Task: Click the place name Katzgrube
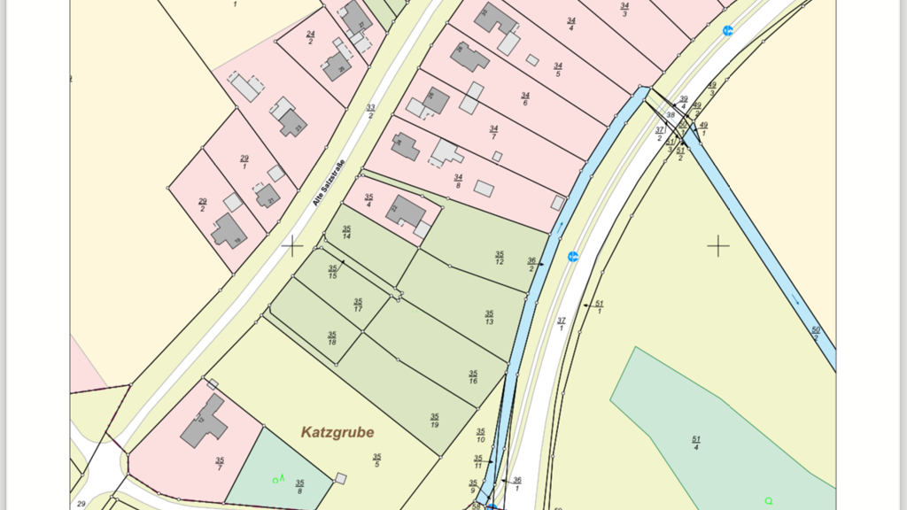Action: coord(337,432)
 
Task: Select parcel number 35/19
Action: coord(434,420)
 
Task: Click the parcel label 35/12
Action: coord(500,258)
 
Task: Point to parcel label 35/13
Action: coord(489,317)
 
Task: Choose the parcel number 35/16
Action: coord(473,377)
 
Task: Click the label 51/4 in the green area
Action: coord(696,443)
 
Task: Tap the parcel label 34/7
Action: coord(493,132)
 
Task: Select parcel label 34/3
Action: coord(625,10)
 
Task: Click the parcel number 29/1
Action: coord(244,162)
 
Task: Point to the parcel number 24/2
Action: coord(310,38)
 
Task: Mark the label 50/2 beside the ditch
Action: coord(816,333)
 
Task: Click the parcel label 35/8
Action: coord(299,486)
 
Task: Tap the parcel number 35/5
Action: coord(377,460)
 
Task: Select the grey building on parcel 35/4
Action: coord(405,212)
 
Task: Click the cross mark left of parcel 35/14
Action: coord(291,245)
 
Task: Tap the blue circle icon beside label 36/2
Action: coord(573,257)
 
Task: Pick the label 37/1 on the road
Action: coord(561,323)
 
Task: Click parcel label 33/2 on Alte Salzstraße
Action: coord(370,112)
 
